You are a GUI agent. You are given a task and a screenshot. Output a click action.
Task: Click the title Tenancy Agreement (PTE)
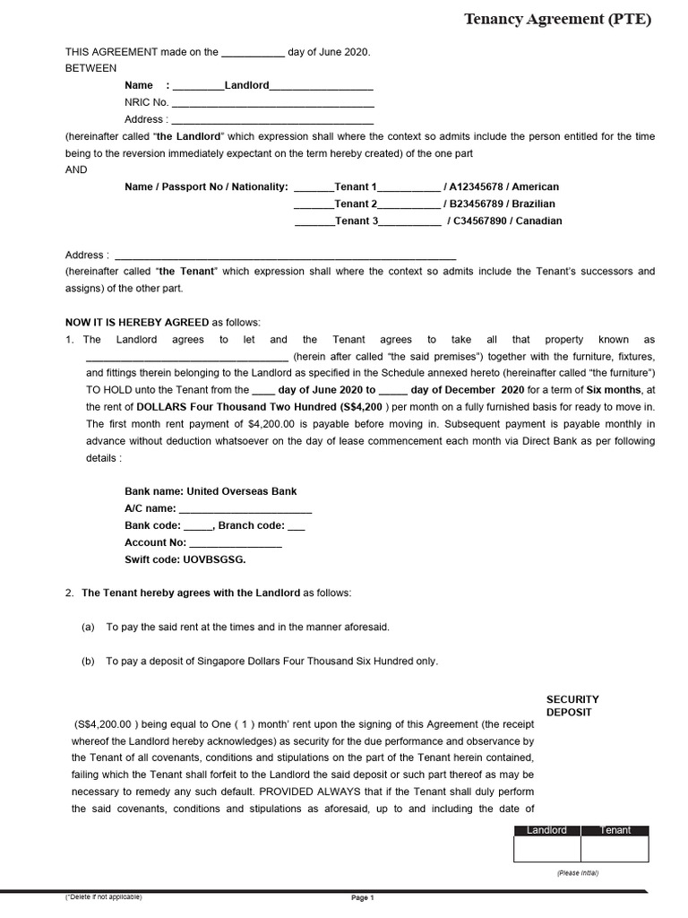click(x=557, y=19)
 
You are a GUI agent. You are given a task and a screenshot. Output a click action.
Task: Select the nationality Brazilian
click(x=533, y=204)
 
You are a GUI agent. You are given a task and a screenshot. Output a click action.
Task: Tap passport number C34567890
click(x=485, y=221)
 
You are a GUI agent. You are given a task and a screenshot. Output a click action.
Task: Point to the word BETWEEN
click(x=91, y=68)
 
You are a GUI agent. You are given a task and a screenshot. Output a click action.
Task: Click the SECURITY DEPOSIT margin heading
click(x=572, y=706)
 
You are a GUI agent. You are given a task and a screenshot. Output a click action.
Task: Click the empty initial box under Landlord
click(x=546, y=849)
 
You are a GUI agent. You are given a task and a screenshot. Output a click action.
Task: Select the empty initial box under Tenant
click(x=615, y=849)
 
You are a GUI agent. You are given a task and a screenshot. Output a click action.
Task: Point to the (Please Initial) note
click(x=577, y=872)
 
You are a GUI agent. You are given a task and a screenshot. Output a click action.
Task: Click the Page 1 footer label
click(x=362, y=898)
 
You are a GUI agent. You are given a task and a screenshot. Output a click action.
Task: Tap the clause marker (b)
click(x=88, y=661)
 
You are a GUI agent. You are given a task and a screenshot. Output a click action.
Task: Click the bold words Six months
click(x=614, y=390)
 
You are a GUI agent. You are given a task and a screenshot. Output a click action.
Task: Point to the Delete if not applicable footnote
click(x=103, y=896)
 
